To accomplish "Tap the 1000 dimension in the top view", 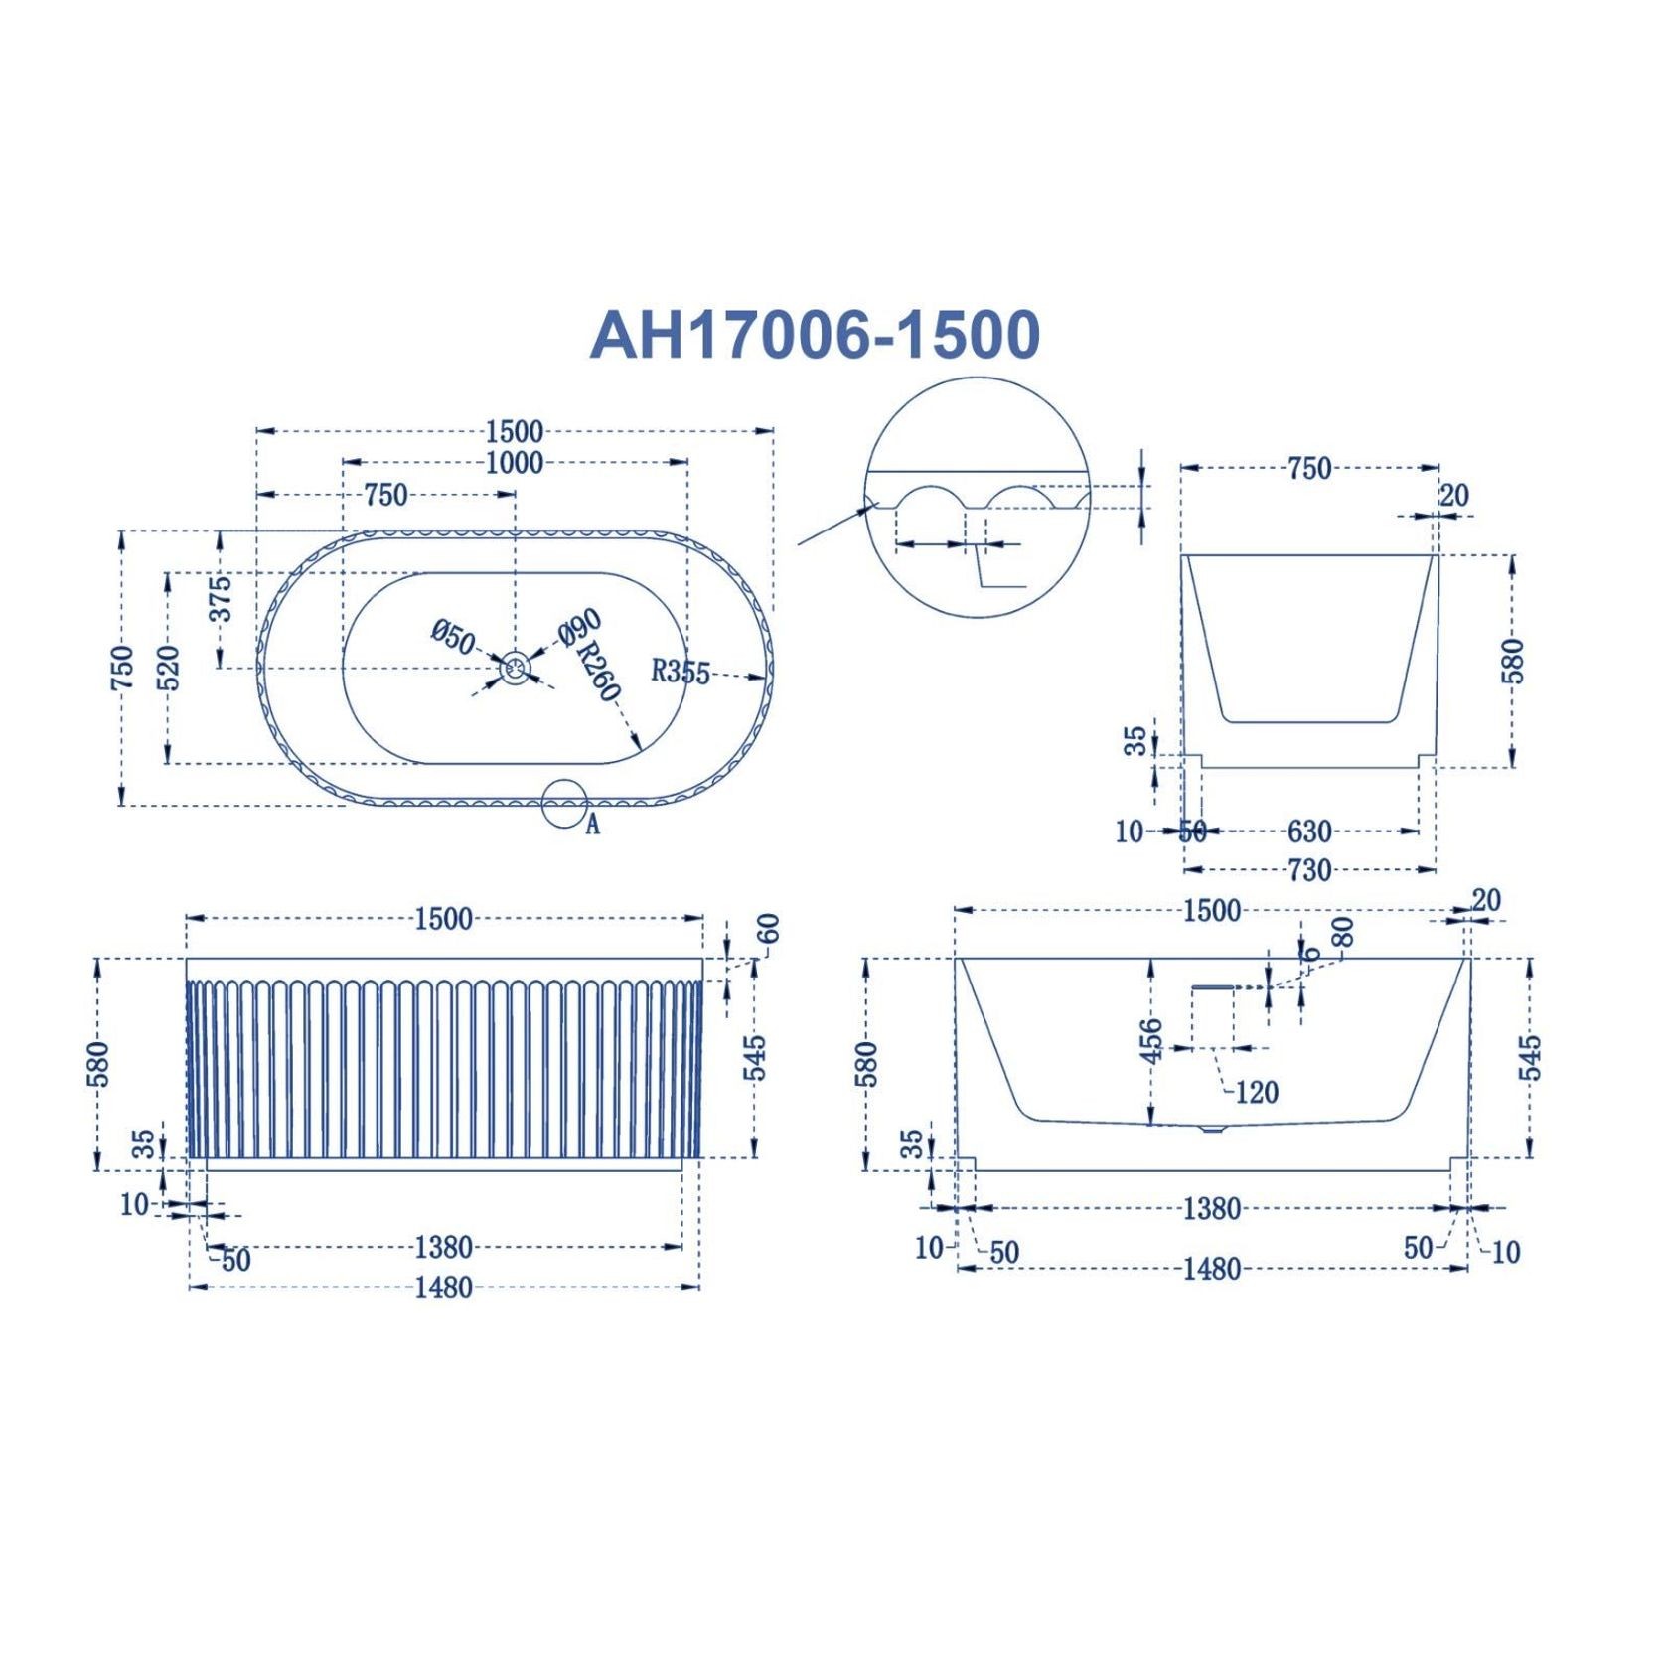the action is tap(515, 463).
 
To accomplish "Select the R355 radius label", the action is tap(681, 672).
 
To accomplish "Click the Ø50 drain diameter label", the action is tap(453, 636).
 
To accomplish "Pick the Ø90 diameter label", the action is tap(579, 628).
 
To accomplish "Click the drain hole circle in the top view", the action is tap(515, 668).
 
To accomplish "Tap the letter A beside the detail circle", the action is tap(592, 824).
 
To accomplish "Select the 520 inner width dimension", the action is tap(169, 668).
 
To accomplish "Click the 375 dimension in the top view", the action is tap(221, 598).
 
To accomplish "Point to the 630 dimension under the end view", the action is tap(1309, 831).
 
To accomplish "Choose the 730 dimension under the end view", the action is tap(1309, 870).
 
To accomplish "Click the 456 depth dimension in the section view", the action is tap(1150, 1040).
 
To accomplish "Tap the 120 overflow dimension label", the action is tap(1256, 1093).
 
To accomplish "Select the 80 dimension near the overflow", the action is tap(1341, 931).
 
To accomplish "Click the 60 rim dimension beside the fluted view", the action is tap(768, 929).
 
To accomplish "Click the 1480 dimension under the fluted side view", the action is tap(444, 1287).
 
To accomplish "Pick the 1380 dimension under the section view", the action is tap(1212, 1209).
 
